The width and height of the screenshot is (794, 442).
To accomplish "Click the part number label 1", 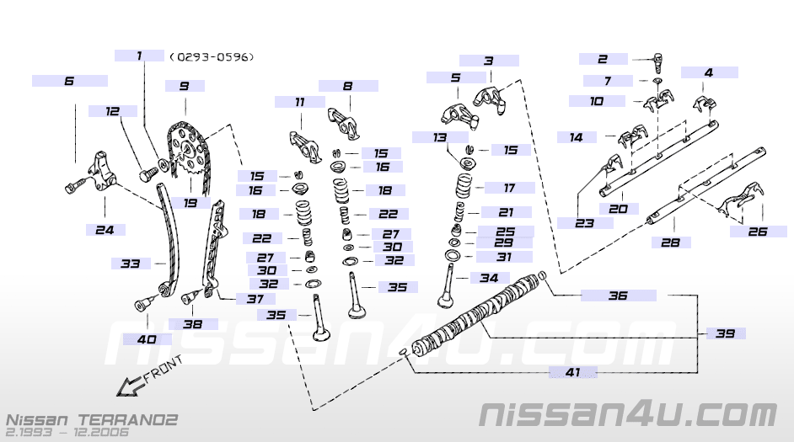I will tap(139, 56).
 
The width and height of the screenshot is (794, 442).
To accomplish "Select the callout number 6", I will tap(69, 81).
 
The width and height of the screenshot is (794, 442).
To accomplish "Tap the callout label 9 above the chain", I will tap(184, 86).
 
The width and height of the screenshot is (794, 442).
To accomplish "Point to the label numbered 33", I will tap(131, 264).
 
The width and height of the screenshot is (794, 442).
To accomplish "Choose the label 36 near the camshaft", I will tap(618, 296).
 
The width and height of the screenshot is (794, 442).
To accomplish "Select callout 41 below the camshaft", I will tap(573, 371).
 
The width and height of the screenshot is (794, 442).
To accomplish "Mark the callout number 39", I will tap(726, 333).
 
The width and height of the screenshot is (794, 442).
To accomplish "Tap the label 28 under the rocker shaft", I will tap(671, 242).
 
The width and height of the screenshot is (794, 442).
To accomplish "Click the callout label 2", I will tap(603, 59).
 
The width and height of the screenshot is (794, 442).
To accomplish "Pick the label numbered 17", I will tap(508, 188).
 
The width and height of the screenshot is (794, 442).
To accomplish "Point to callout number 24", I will tap(105, 229).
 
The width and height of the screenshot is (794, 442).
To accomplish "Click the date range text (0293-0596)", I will tap(212, 57).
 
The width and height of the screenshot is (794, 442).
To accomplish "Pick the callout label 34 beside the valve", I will tap(489, 278).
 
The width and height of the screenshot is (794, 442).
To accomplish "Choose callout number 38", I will tap(192, 324).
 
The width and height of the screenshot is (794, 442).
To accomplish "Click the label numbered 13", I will tap(440, 136).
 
